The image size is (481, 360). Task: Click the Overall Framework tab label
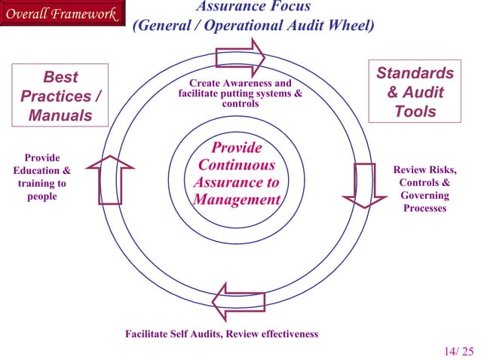tap(60, 14)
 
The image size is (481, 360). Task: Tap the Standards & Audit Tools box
tap(415, 93)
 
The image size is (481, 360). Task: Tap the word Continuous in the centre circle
tap(237, 165)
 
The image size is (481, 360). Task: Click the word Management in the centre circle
tap(237, 200)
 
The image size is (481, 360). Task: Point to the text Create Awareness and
tap(240, 83)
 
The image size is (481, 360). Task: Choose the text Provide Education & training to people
tap(42, 177)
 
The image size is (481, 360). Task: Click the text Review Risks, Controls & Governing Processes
tap(425, 189)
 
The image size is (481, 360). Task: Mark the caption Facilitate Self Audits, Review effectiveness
tap(222, 334)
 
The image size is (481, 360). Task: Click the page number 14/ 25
tap(459, 350)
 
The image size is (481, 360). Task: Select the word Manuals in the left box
tap(60, 116)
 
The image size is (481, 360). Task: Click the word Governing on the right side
tap(425, 195)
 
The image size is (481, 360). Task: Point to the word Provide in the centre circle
tap(237, 148)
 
